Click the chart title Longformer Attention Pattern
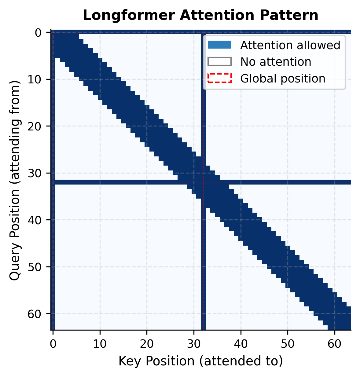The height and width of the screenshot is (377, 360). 200,16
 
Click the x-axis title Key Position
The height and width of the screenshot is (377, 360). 200,361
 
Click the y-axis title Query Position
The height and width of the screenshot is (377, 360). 15,181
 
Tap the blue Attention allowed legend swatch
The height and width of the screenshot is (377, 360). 219,45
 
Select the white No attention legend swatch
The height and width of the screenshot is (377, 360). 219,62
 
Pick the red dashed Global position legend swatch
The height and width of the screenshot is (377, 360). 219,79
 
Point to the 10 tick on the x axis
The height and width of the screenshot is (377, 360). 100,344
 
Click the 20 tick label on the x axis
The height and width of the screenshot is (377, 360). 147,344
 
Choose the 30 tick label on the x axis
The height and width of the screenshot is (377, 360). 194,344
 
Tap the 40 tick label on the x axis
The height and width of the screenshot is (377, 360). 241,344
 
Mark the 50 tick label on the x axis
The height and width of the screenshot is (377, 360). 288,344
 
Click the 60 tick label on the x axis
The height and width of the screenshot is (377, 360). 335,344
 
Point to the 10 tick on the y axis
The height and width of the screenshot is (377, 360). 39,79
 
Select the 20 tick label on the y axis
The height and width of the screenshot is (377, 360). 39,126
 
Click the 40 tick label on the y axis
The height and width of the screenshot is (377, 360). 39,220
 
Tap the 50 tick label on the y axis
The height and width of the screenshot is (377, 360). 39,267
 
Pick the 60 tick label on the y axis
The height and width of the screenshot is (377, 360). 39,314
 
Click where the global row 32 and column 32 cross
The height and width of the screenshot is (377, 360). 203,182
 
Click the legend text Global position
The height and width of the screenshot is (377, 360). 283,79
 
